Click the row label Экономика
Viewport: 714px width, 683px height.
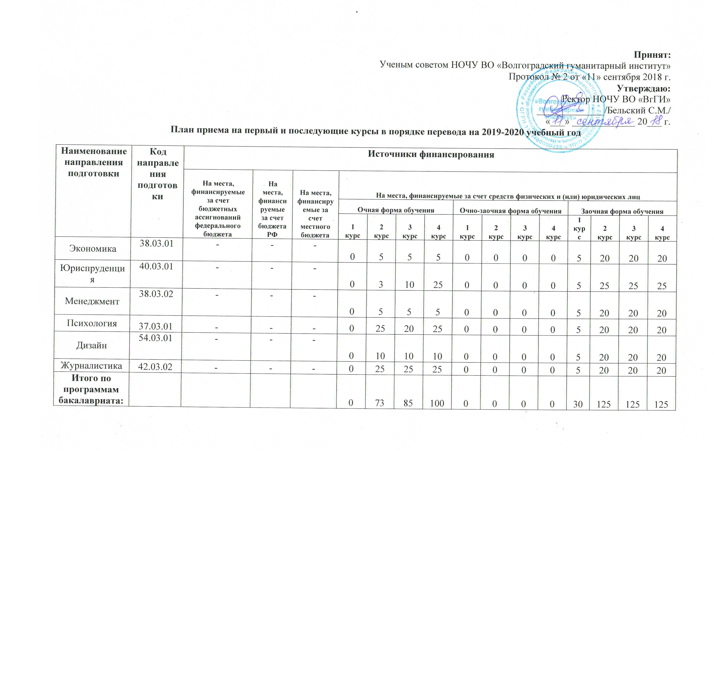pyautogui.click(x=93, y=249)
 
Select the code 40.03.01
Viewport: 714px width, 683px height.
pyautogui.click(x=156, y=266)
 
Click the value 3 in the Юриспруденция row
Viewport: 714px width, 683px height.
pyautogui.click(x=380, y=284)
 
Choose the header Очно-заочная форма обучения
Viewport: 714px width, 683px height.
pyautogui.click(x=510, y=211)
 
